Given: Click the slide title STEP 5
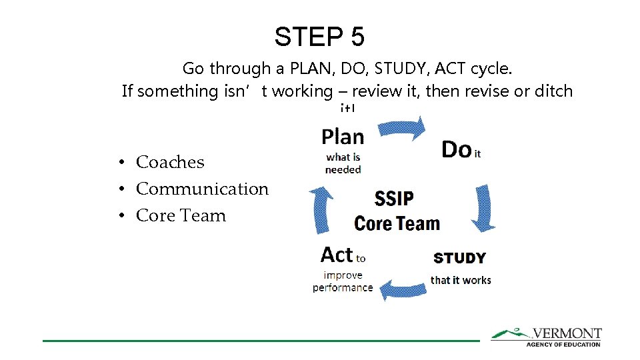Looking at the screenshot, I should [x=319, y=37].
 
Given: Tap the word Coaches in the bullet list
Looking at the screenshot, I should [x=170, y=162].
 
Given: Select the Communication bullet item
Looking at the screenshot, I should [x=202, y=189].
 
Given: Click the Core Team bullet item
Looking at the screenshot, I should [x=181, y=215].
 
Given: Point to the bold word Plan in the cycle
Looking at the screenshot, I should [x=343, y=137].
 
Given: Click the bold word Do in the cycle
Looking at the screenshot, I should [x=456, y=150].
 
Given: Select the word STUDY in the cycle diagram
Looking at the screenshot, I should [x=459, y=258].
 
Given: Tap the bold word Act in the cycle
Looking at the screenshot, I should [x=337, y=255].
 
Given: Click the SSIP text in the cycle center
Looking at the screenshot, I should [x=394, y=199].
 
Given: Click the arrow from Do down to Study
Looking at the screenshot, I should [x=482, y=207].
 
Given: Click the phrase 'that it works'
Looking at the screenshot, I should [x=461, y=280].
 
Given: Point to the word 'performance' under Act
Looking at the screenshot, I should [x=343, y=288].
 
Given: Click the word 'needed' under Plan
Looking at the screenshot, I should [x=343, y=170].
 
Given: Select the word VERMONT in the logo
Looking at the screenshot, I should [x=566, y=333].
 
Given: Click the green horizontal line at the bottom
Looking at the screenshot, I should [x=260, y=341].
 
